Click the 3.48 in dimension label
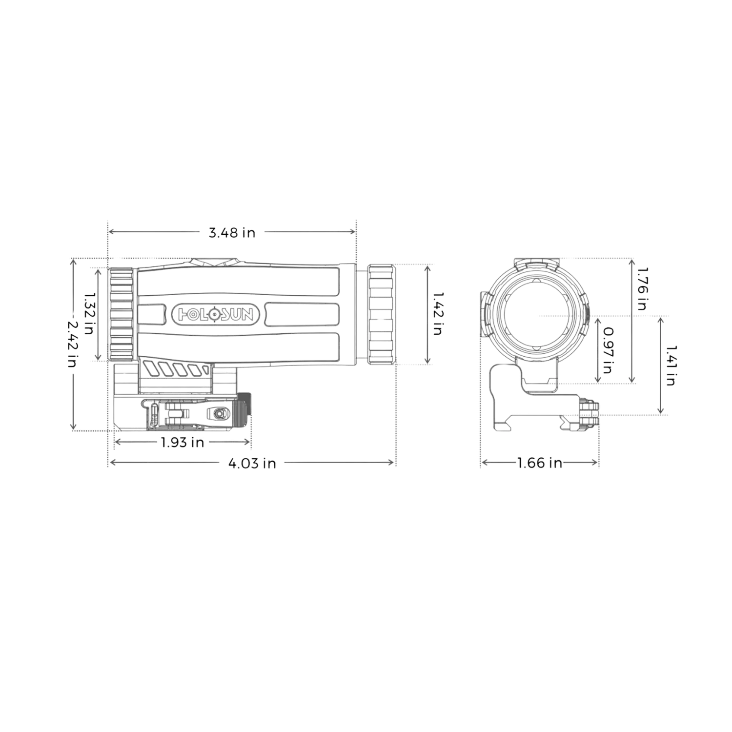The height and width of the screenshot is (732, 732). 232,233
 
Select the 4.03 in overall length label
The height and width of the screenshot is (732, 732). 252,463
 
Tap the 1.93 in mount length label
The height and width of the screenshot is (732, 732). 182,443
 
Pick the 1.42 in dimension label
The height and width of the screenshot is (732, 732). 438,313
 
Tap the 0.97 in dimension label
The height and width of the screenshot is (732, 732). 608,350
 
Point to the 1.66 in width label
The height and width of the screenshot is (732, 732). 538,462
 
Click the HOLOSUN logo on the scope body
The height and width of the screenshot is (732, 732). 214,314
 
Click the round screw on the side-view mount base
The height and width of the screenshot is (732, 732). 219,414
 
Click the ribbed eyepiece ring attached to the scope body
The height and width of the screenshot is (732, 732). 121,314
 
